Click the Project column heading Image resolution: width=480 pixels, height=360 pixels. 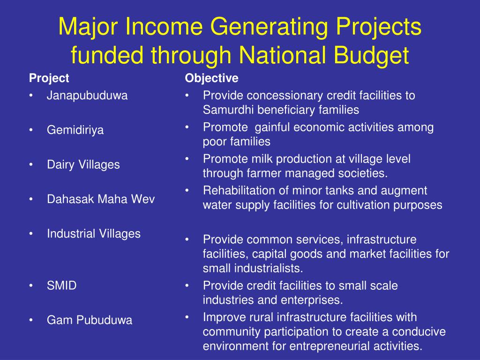coord(49,78)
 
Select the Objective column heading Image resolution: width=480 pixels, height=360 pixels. coord(211,78)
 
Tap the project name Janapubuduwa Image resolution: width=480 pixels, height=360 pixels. coord(87,96)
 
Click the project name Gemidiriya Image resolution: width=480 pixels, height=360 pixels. coord(75,130)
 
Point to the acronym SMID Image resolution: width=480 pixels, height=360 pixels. coord(61,285)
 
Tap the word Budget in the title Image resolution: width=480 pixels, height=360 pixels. coord(371,55)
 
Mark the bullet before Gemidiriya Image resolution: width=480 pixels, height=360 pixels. coord(31,130)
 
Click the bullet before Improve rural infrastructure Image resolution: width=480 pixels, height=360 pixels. coord(187,317)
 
